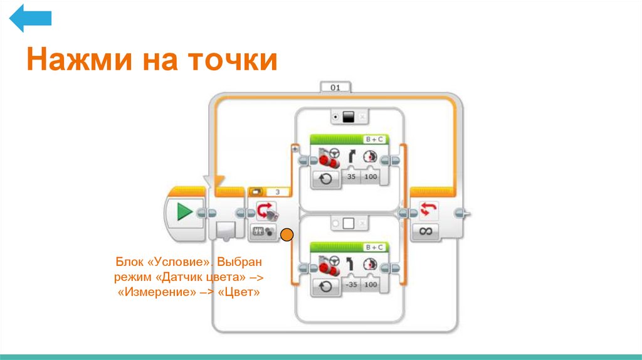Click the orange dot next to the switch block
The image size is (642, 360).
[x=287, y=236]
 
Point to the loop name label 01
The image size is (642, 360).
[x=335, y=88]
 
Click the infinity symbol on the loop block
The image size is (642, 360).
[x=426, y=231]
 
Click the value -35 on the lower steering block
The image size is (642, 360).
[x=352, y=285]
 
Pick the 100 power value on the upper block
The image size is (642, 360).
[x=371, y=177]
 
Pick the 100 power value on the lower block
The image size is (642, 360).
[x=371, y=285]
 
